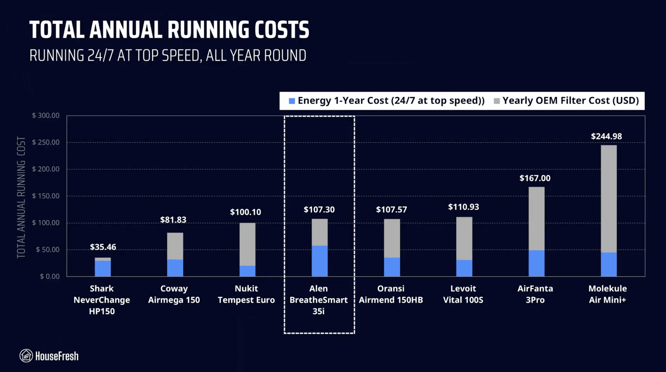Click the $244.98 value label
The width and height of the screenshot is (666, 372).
(606, 136)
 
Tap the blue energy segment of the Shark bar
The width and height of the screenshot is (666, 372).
(103, 268)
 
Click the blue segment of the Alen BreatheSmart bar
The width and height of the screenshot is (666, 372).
(319, 261)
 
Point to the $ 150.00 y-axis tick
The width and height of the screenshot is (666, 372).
(46, 196)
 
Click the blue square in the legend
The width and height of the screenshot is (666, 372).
(292, 101)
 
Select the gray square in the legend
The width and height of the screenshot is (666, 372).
(497, 101)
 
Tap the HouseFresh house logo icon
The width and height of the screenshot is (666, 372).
(26, 356)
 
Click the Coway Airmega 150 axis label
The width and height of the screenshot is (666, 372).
(174, 294)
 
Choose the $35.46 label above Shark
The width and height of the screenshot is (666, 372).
(103, 247)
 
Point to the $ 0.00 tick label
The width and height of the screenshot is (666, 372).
(49, 276)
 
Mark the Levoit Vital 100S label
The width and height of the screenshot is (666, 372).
(463, 294)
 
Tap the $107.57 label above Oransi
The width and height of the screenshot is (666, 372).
(391, 209)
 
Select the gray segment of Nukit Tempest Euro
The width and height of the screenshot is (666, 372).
(247, 244)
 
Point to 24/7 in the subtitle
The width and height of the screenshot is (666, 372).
(100, 55)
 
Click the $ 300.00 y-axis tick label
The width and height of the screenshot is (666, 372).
(46, 115)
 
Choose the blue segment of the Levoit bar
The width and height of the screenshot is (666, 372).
(464, 268)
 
